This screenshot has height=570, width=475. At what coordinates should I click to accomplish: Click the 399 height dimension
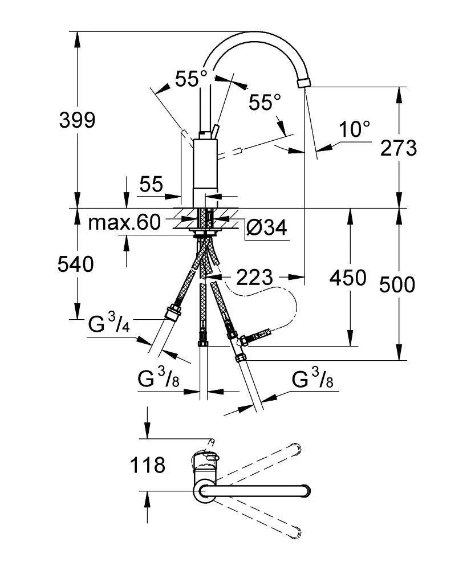78,120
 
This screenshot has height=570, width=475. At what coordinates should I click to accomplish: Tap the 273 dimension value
399,148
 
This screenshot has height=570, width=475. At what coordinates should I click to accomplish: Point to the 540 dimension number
76,264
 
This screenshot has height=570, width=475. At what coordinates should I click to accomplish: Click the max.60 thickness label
125,223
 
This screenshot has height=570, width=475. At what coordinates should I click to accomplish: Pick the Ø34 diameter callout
266,227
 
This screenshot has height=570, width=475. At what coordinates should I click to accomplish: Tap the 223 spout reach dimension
254,278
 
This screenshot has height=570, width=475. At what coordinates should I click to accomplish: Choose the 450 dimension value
347,278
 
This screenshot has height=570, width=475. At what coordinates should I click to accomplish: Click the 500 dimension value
397,283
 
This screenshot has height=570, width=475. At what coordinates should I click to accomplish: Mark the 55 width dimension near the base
151,184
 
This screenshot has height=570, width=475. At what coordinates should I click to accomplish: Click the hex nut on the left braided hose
172,313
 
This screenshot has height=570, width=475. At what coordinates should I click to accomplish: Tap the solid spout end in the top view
303,490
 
